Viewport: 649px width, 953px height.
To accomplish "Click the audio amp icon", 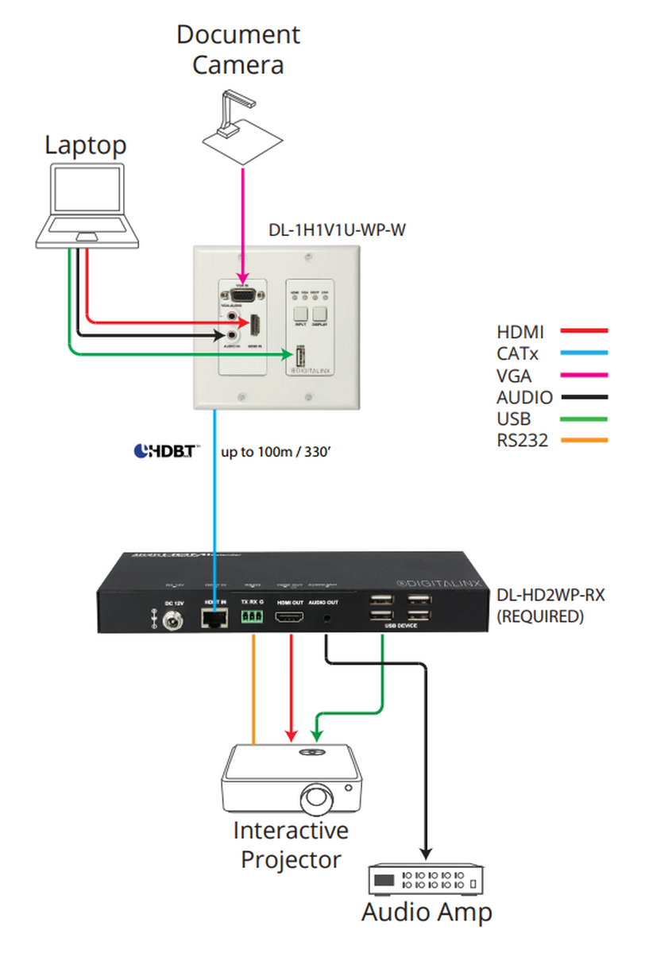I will [x=427, y=880].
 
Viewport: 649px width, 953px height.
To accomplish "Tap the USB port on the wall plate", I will [x=300, y=354].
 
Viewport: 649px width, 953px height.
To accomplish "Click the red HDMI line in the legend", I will [x=584, y=330].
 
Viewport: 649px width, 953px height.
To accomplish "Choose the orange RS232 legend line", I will [x=584, y=440].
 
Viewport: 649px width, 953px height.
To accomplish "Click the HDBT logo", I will [x=164, y=451].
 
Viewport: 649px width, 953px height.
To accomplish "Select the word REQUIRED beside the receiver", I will [x=540, y=615].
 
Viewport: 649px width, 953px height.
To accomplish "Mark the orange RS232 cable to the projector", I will [x=253, y=691].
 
